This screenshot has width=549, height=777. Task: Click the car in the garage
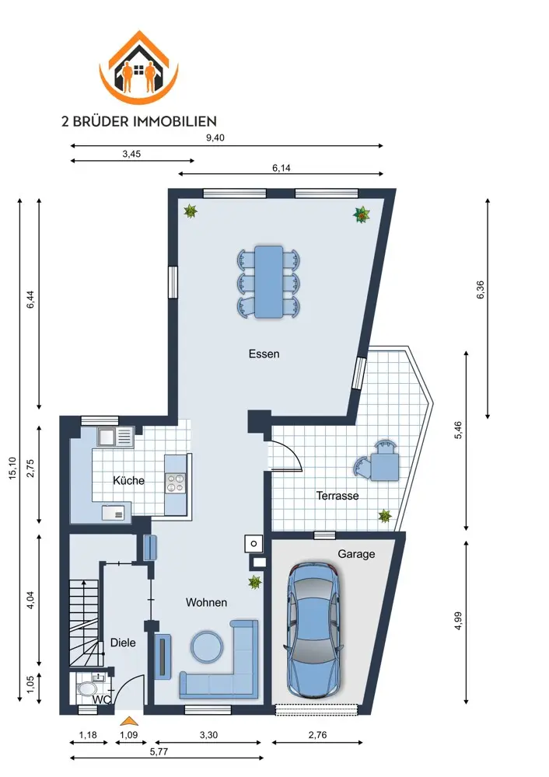(x=313, y=631)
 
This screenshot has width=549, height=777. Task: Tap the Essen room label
(x=264, y=354)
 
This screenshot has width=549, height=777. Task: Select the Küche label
(x=128, y=480)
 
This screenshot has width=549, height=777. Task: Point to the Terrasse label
(x=337, y=496)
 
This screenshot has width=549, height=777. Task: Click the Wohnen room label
(x=206, y=603)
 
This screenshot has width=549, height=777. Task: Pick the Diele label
(x=123, y=643)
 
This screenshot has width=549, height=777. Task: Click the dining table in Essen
(x=268, y=281)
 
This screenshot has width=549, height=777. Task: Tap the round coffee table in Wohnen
(x=207, y=646)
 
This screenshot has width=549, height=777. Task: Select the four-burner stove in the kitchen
(x=174, y=483)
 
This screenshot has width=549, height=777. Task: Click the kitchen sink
(x=116, y=437)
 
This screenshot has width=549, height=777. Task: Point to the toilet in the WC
(x=89, y=689)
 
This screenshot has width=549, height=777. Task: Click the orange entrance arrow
(x=129, y=721)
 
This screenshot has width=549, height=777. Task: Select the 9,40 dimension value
(x=215, y=138)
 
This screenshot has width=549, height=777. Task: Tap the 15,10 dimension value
(x=12, y=468)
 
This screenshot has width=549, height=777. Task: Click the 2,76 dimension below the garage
(x=317, y=735)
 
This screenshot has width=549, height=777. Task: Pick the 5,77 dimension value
(x=159, y=751)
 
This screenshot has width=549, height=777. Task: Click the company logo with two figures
(x=138, y=68)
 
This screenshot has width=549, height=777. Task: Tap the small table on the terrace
(x=385, y=467)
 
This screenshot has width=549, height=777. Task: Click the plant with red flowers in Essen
(x=362, y=214)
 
